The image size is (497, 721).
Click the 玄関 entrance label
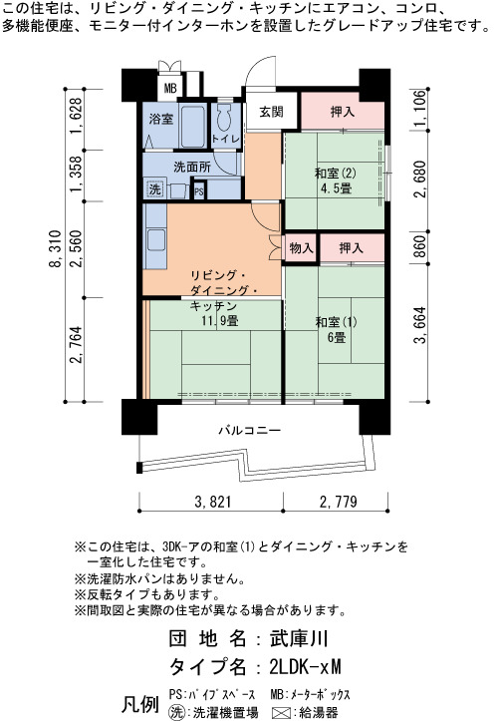coord(271,112)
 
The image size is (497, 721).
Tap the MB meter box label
coord(170,88)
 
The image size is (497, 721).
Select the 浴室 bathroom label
coord(160,119)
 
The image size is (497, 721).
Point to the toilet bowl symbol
coord(225,118)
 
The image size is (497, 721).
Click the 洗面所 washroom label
coord(192,167)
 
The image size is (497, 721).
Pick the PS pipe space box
coord(198,190)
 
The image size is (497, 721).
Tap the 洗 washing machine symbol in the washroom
coord(155,188)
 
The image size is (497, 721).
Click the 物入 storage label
coord(302,248)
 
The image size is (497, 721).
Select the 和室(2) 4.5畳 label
coord(336,180)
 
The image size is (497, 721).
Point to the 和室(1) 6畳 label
coord(337,330)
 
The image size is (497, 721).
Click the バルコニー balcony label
coord(249,431)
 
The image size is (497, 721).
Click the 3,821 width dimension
coord(213,502)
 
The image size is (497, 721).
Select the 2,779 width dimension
coord(339,502)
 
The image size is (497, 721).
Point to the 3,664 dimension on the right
coord(419,325)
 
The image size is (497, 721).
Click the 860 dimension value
coord(419,247)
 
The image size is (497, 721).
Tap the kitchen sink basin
coord(156,239)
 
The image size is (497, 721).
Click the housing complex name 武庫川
coord(299,638)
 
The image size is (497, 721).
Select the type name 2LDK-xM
coord(306,667)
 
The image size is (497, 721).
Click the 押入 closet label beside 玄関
coord(343,112)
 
